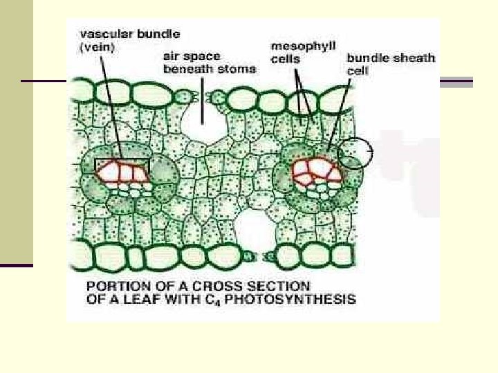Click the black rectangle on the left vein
point(122,164)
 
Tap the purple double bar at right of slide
point(456,82)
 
